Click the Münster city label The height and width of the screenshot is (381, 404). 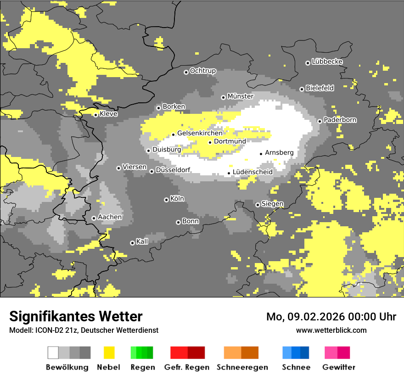tap(240, 96)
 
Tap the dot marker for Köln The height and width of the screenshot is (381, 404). tap(166, 200)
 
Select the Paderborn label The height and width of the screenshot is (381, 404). tap(340, 120)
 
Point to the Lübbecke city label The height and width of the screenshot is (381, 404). tap(327, 62)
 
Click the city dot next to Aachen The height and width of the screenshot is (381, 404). tap(94, 218)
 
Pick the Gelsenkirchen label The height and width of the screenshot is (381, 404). tap(200, 133)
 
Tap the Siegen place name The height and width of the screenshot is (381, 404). tap(272, 204)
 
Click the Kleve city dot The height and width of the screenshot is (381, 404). tap(95, 115)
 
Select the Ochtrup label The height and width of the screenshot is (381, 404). tap(202, 71)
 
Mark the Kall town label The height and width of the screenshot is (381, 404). tap(142, 241)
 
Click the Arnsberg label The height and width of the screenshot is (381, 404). tap(279, 152)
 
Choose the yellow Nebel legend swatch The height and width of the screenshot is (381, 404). tap(109, 353)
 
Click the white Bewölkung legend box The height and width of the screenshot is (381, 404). tap(53, 353)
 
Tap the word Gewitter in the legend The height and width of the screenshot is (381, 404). tap(338, 367)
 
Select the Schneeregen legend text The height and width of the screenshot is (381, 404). tap(242, 367)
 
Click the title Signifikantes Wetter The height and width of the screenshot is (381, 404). tap(76, 316)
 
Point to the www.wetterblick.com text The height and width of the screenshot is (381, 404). tap(331, 330)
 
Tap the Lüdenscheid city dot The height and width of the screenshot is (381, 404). tap(229, 174)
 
